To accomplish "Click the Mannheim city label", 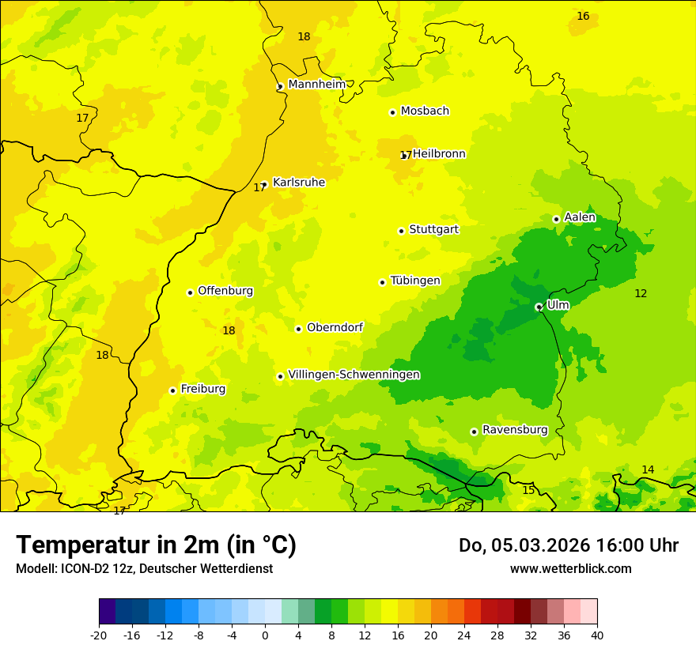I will pyautogui.click(x=316, y=84).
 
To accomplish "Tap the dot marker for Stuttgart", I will pyautogui.click(x=401, y=231).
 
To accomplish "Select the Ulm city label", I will pyautogui.click(x=558, y=304).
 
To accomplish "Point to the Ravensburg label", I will pyautogui.click(x=515, y=430).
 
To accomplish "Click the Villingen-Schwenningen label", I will pyautogui.click(x=354, y=375).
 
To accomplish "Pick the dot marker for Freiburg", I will pyautogui.click(x=172, y=390).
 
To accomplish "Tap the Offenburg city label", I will pyautogui.click(x=225, y=291).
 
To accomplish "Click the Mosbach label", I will pyautogui.click(x=425, y=111).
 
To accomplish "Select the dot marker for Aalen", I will pyautogui.click(x=556, y=219).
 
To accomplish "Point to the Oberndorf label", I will pyautogui.click(x=335, y=327).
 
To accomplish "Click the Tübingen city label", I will pyautogui.click(x=415, y=281).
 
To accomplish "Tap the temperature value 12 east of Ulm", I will pyautogui.click(x=641, y=293).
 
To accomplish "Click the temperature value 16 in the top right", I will pyautogui.click(x=583, y=16).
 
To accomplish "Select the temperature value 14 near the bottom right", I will pyautogui.click(x=648, y=469).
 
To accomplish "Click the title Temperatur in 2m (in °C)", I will pyautogui.click(x=156, y=545).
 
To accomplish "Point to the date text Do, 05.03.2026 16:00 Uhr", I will pyautogui.click(x=568, y=545).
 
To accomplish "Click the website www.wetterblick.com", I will pyautogui.click(x=570, y=568).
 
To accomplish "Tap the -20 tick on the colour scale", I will pyautogui.click(x=99, y=635).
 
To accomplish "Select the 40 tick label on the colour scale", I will pyautogui.click(x=596, y=635).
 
